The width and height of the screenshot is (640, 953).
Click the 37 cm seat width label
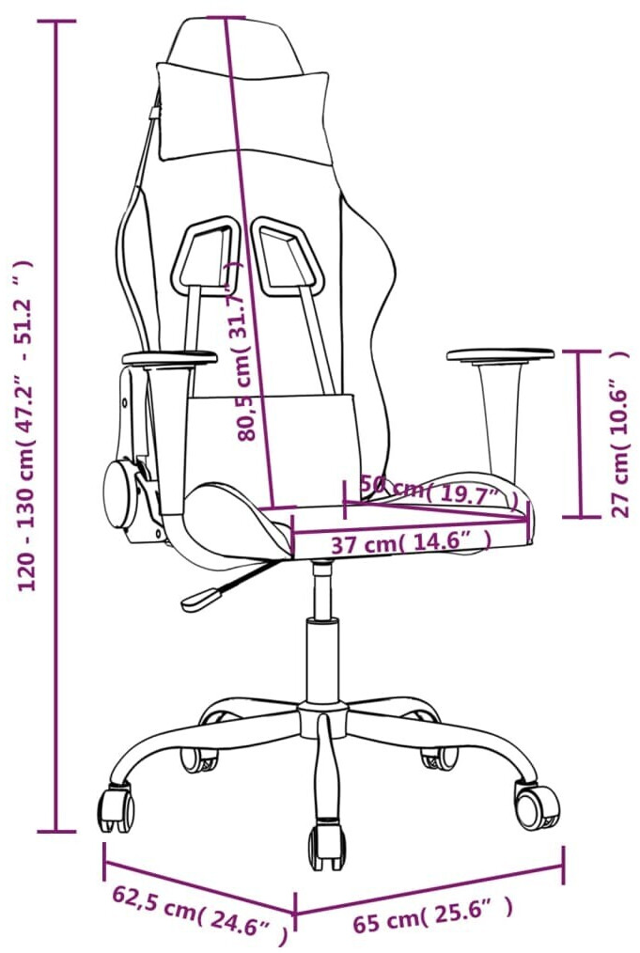click(411, 542)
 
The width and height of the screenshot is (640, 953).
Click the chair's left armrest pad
click(168, 357)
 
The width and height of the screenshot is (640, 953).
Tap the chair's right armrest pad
click(500, 354)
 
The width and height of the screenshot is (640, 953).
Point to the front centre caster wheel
click(326, 845)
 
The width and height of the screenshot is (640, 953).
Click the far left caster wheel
click(117, 809)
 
